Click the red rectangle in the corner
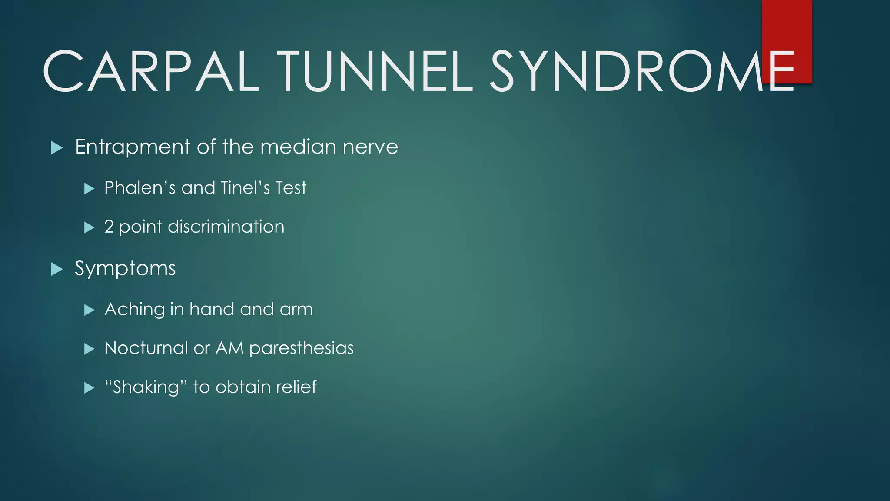pos(787,26)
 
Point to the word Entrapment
pos(133,147)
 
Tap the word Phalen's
pos(139,188)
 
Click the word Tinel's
pos(245,188)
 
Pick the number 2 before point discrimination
pos(109,227)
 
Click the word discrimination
pos(226,227)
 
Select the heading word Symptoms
pos(125,269)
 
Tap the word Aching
pos(135,310)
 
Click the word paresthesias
pos(302,348)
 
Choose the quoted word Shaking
pos(146,387)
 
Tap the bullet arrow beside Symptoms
pos(57,270)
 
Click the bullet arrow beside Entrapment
pos(57,148)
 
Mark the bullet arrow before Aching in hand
pos(89,310)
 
